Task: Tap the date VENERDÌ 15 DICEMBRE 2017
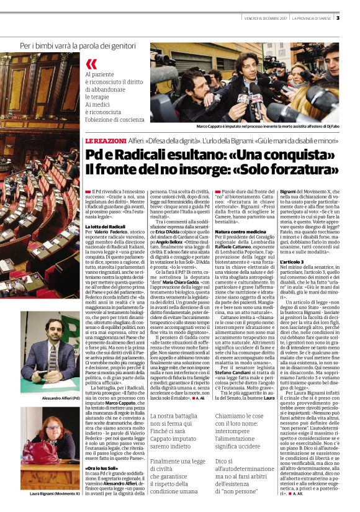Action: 263,17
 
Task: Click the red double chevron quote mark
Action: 91,63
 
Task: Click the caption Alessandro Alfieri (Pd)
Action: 52,397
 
